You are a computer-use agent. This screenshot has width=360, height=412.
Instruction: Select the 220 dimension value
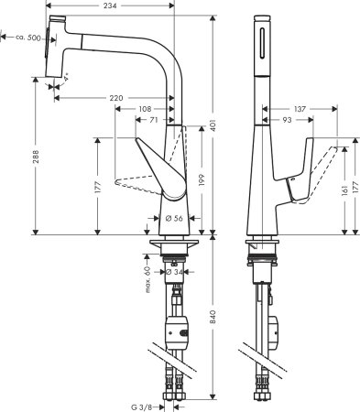115,97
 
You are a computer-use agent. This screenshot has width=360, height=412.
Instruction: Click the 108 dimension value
145,108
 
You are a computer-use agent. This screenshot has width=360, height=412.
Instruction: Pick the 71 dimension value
155,120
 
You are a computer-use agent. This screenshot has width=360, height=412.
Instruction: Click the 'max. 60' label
147,276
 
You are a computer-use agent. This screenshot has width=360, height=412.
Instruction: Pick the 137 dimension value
285,108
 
